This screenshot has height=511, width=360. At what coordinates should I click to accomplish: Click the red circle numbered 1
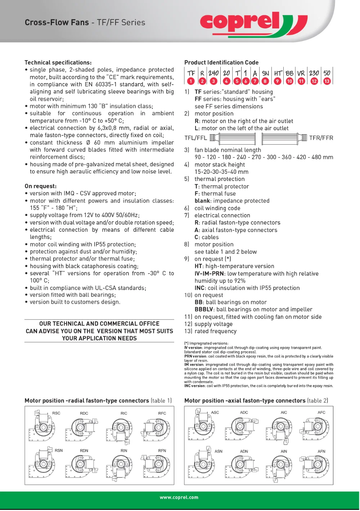pos(191,81)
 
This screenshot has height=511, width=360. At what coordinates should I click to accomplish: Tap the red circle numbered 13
pos(327,81)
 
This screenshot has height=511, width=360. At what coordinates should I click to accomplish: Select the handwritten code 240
pos(213,73)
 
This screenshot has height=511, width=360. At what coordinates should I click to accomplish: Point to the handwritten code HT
pos(278,73)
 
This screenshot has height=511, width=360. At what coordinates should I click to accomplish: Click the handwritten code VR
pos(301,73)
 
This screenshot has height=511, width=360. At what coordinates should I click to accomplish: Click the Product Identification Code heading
pos(221,63)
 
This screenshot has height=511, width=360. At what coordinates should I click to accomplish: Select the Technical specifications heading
pos(58,63)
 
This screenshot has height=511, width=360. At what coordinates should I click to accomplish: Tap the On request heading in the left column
pos(41,186)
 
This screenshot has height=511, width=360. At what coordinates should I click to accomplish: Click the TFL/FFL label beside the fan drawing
pos(195,138)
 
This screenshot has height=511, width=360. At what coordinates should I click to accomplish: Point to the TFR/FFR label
pos(321,138)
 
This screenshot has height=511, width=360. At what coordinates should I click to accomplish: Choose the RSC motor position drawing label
pos(56,413)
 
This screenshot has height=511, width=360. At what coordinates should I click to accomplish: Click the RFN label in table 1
pos(162,451)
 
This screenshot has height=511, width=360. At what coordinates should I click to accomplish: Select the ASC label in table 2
pos(215,412)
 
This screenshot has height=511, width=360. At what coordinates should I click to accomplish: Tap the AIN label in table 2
pos(284,451)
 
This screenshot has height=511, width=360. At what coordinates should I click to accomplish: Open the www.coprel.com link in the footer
pos(179,497)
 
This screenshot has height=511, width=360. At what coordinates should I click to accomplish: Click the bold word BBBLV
pos(204,309)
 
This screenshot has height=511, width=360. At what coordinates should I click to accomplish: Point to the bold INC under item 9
pos(199,288)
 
